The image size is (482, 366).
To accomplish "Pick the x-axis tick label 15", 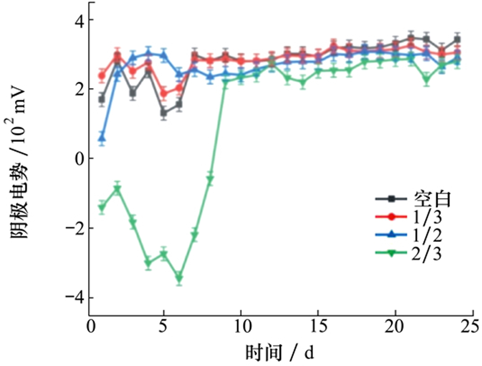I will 318,325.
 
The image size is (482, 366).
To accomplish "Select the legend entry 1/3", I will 427,217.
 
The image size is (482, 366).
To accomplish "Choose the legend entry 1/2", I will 427,235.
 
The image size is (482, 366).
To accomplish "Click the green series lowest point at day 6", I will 179,278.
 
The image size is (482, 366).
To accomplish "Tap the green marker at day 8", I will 210,179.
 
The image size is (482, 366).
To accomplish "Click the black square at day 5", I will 163,113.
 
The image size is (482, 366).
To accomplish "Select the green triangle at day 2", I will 117,189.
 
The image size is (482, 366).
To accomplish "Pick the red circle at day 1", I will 102,76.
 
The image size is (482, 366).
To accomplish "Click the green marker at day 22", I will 426,79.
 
